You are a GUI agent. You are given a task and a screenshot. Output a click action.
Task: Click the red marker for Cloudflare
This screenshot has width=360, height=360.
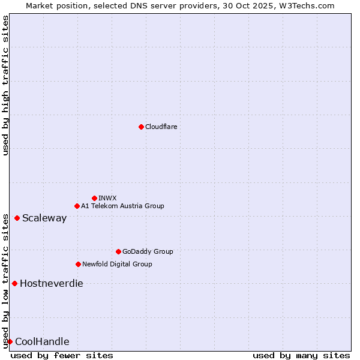point(141,127)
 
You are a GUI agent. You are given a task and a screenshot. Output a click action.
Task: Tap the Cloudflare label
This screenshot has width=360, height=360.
point(161,127)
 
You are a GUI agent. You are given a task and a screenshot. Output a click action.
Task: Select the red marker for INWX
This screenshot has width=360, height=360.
point(94,198)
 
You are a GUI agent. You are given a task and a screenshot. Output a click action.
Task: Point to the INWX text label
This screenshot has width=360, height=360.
point(107,199)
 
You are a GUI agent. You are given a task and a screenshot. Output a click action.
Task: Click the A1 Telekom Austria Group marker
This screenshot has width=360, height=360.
point(77,206)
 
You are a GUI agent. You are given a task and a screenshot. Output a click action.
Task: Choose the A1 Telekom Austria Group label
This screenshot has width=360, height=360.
point(122,206)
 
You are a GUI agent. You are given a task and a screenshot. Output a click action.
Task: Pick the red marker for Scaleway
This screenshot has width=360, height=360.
point(17,218)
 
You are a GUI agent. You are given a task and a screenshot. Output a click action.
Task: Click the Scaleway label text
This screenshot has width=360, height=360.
point(44,218)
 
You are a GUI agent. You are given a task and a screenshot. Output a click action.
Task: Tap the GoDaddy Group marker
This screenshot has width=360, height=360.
point(118,252)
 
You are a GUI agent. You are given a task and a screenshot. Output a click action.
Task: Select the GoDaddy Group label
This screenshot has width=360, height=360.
point(148,252)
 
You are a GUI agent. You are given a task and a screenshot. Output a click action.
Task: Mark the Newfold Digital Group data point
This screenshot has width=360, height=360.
point(78,264)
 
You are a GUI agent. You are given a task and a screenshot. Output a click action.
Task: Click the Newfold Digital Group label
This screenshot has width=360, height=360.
point(117,265)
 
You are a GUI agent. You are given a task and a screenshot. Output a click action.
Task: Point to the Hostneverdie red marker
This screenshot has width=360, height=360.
point(14,283)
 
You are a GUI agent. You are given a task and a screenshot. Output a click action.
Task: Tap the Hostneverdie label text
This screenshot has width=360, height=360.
point(52,284)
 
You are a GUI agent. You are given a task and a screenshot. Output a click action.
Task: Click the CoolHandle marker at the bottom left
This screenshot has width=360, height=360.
point(10,342)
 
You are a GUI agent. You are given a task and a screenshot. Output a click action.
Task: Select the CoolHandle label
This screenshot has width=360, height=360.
point(42,342)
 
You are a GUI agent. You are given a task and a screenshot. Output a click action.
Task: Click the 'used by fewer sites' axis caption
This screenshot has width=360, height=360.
point(62,356)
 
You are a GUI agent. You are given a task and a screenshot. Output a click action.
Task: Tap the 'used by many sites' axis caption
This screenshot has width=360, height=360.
point(301,356)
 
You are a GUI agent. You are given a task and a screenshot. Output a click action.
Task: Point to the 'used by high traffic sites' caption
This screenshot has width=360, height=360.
point(5,86)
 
